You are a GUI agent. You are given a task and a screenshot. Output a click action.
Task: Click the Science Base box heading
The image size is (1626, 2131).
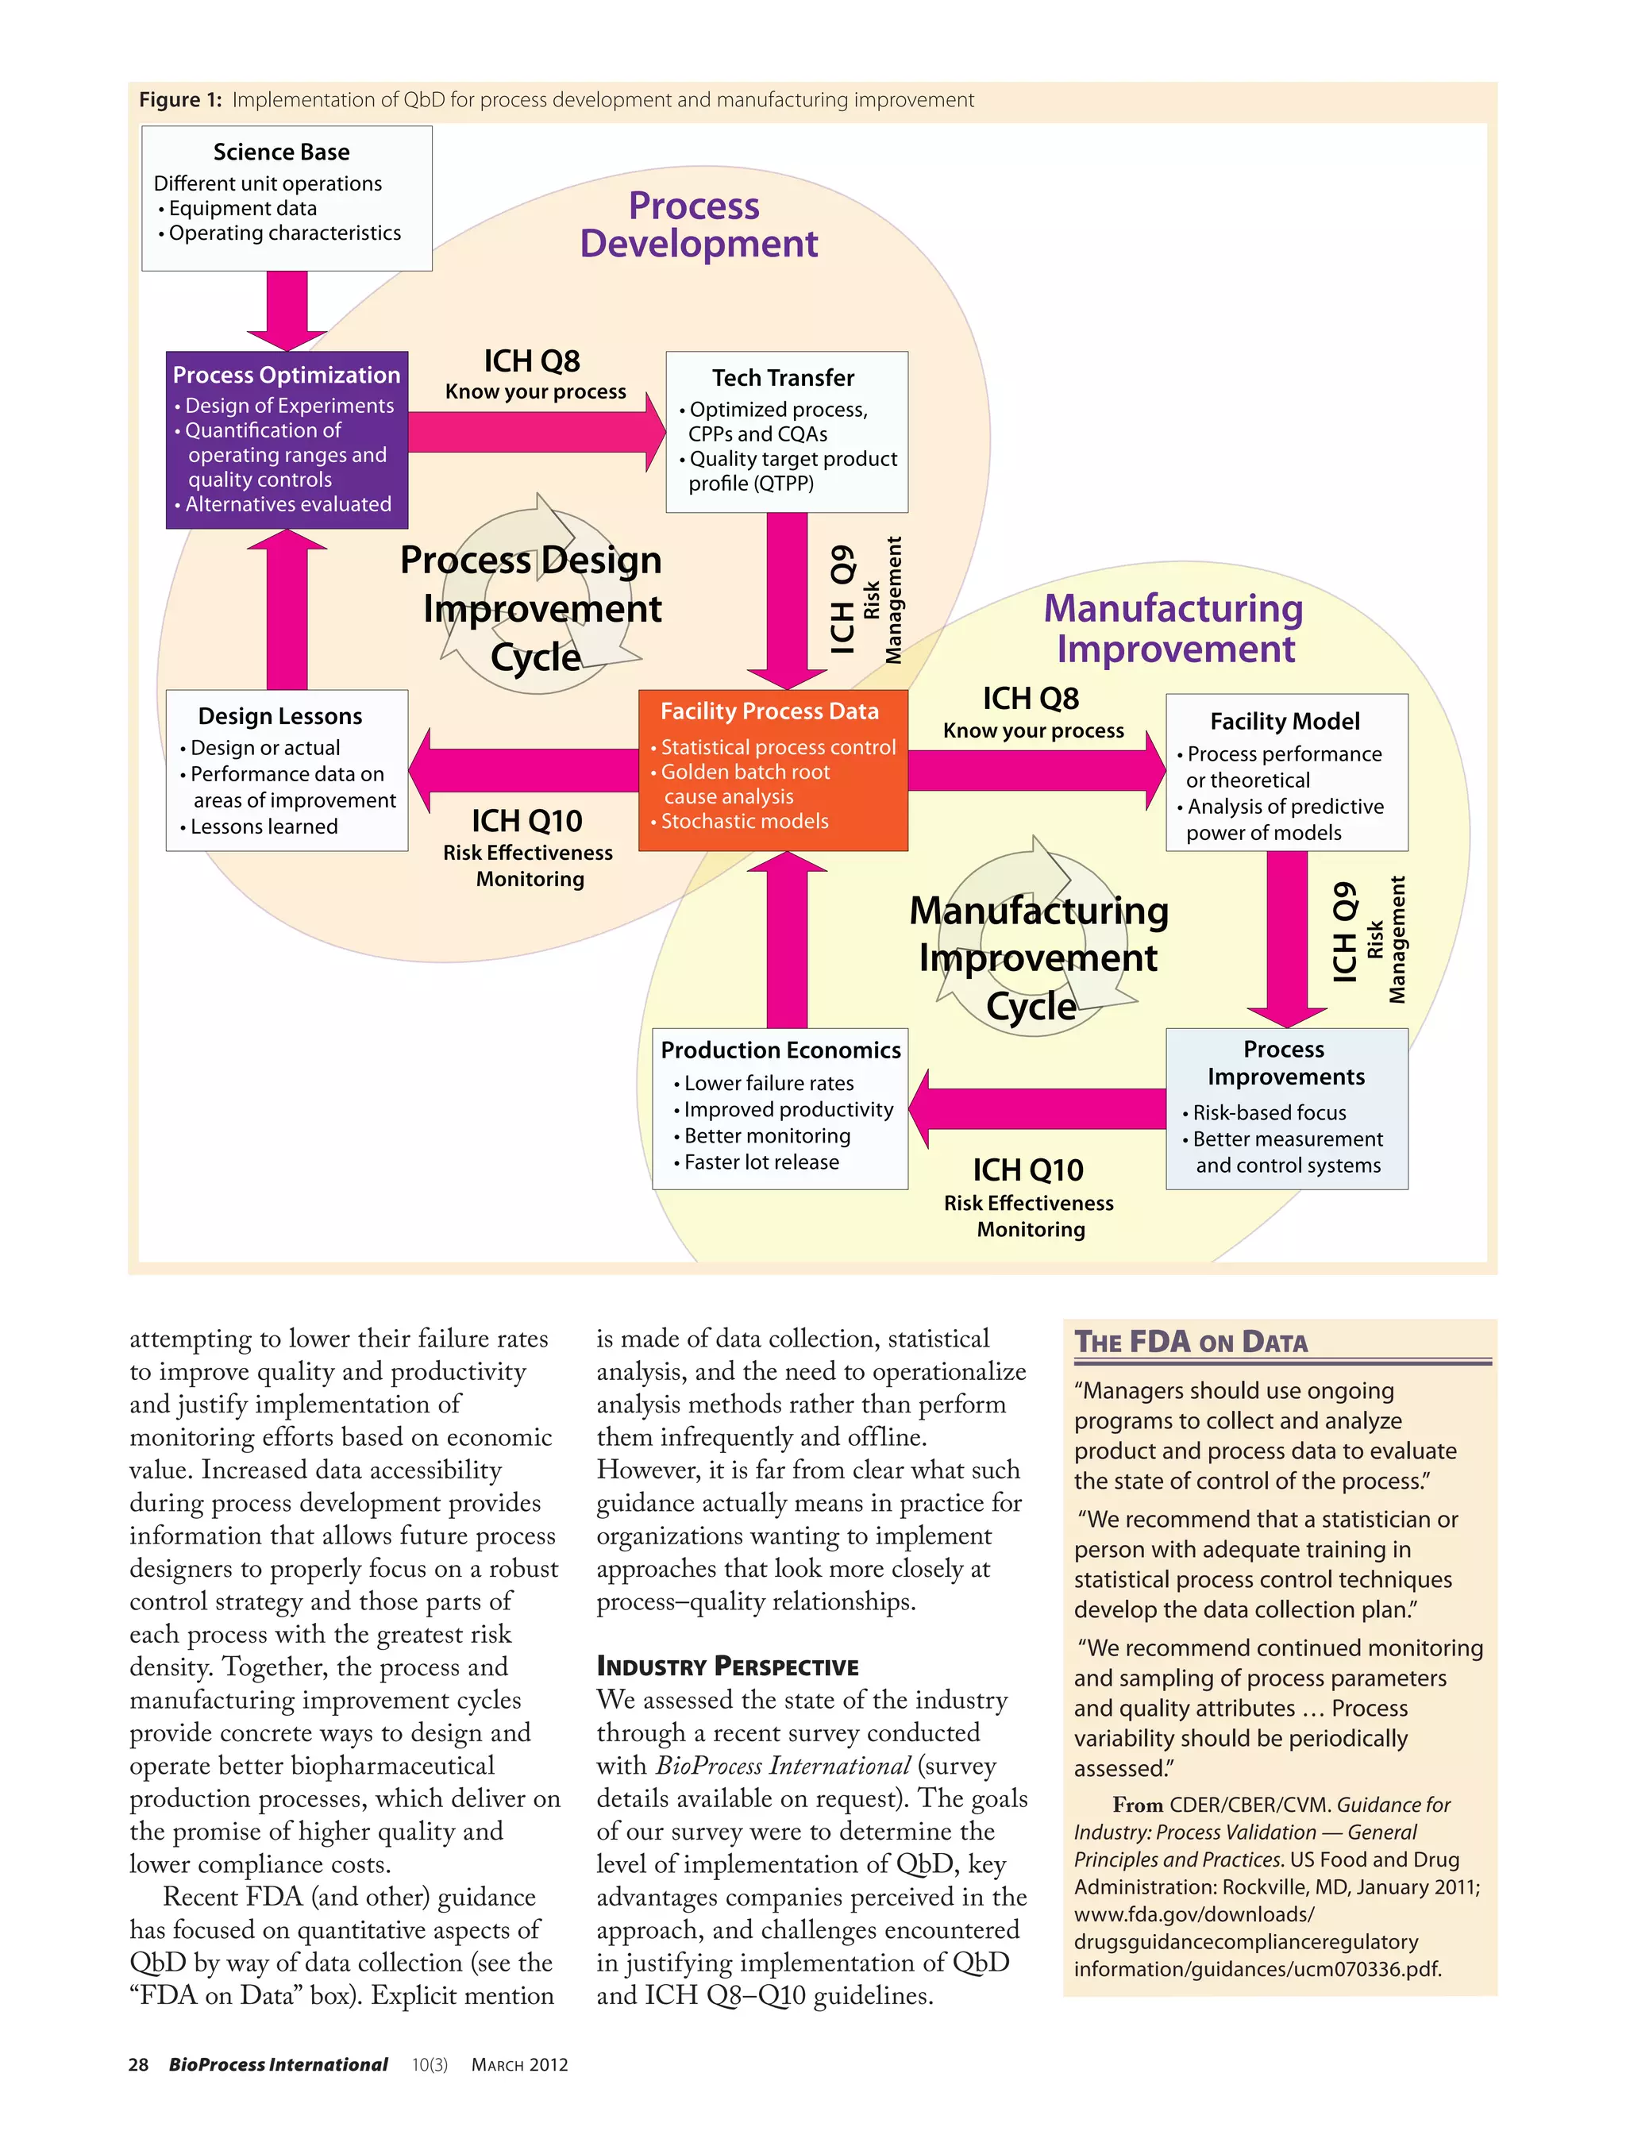pyautogui.click(x=281, y=152)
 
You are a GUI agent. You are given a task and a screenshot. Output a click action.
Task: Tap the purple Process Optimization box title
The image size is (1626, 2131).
pyautogui.click(x=287, y=375)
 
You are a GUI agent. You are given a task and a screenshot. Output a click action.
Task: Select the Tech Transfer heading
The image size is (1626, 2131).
pyautogui.click(x=783, y=377)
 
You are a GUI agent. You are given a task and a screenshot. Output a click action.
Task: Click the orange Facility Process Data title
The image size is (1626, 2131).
pyautogui.click(x=769, y=711)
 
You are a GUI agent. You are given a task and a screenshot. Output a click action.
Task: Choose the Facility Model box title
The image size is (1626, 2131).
pyautogui.click(x=1285, y=721)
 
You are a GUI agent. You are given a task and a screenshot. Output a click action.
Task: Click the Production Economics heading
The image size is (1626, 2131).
pyautogui.click(x=780, y=1050)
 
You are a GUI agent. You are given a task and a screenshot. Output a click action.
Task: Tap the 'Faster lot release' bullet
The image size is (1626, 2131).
pyautogui.click(x=761, y=1162)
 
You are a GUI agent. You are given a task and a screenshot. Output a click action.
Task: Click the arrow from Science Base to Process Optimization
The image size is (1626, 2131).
pyautogui.click(x=287, y=310)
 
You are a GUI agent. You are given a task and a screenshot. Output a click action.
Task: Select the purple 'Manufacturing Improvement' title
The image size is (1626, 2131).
pyautogui.click(x=1174, y=628)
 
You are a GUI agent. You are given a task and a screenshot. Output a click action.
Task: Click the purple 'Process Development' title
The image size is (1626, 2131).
pyautogui.click(x=698, y=225)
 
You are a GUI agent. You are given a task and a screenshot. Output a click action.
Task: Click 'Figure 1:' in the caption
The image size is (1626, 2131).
pyautogui.click(x=180, y=100)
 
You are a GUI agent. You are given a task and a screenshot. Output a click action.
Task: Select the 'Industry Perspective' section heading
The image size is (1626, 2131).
pyautogui.click(x=727, y=1666)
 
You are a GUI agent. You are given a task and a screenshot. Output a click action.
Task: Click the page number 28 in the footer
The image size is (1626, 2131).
pyautogui.click(x=138, y=2064)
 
